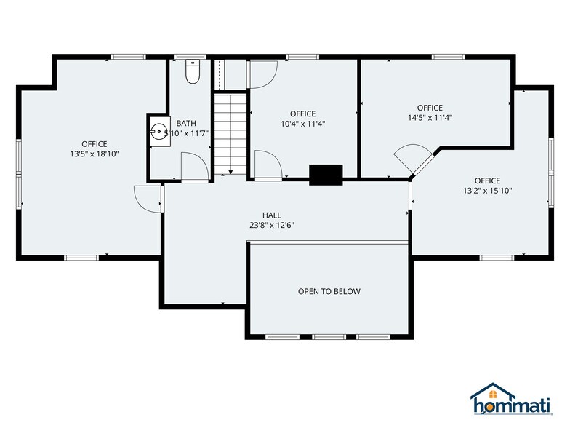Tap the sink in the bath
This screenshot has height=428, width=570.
point(159,132)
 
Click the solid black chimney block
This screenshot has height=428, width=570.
point(326,175)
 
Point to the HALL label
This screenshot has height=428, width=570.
point(272,215)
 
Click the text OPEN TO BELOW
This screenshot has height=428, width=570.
point(329,292)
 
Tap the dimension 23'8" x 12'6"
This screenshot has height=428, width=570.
point(272,225)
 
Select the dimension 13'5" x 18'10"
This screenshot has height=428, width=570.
point(94,154)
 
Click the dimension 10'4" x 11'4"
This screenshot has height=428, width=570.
point(302,124)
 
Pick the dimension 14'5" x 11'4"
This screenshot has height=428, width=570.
point(430,118)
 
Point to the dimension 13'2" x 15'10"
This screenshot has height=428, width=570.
point(487,191)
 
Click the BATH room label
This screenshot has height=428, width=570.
point(186,124)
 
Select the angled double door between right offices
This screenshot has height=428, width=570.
point(413,160)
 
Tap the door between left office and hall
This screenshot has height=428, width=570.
point(148,197)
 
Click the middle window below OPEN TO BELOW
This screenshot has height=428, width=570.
point(329,337)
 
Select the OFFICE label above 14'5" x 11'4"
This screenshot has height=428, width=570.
point(430,108)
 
